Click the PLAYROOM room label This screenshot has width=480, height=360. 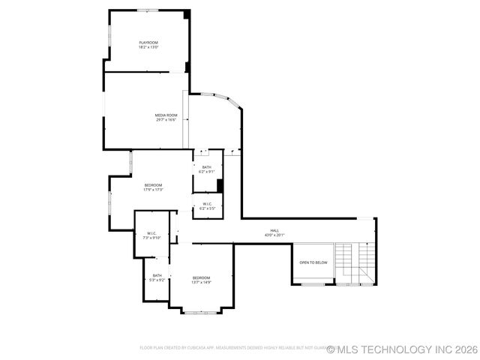tap(148, 42)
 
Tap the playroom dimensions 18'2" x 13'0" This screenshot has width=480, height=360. tap(148, 47)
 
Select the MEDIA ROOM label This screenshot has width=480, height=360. tap(166, 115)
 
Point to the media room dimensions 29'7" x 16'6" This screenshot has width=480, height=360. tap(166, 120)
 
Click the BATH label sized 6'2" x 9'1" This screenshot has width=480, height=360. tap(206, 167)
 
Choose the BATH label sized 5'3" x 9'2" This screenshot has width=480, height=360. tap(157, 275)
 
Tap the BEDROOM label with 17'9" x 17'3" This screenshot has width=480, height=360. tap(153, 184)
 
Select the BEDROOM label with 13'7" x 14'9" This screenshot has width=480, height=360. tap(201, 277)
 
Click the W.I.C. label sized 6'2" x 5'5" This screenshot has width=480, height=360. tap(207, 203)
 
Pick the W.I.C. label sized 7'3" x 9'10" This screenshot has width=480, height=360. tap(151, 232)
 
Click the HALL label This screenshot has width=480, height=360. tap(274, 230)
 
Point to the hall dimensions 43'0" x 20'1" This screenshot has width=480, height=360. tap(274, 235)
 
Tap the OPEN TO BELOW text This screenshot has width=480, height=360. tap(313, 262)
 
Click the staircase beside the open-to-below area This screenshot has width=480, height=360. tap(354, 264)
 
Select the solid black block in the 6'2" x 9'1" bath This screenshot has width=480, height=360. tap(220, 186)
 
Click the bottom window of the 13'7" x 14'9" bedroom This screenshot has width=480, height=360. tap(201, 310)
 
